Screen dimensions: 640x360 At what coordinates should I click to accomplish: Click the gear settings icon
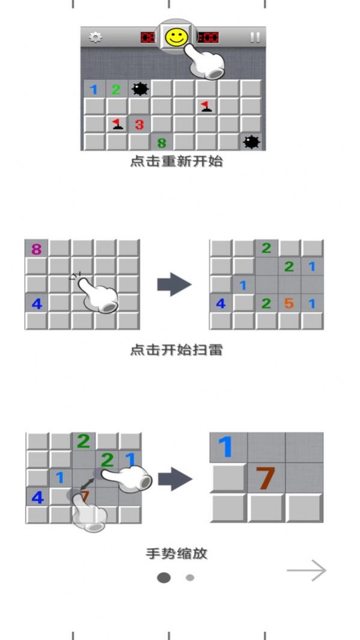pyautogui.click(x=95, y=37)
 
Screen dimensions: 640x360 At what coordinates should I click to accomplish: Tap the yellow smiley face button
pyautogui.click(x=176, y=38)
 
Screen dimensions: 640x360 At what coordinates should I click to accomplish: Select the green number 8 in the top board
pyautogui.click(x=162, y=143)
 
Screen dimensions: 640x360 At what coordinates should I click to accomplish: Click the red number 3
pyautogui.click(x=139, y=125)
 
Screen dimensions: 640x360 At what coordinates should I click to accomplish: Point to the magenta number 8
pyautogui.click(x=37, y=249)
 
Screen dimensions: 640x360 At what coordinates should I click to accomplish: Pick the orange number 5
pyautogui.click(x=289, y=303)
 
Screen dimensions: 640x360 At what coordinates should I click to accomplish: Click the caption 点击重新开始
pyautogui.click(x=176, y=162)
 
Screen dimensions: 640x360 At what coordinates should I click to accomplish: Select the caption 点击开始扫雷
pyautogui.click(x=176, y=350)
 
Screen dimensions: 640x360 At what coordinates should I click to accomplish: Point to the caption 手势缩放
pyautogui.click(x=176, y=553)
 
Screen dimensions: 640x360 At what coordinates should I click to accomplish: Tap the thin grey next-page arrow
pyautogui.click(x=307, y=570)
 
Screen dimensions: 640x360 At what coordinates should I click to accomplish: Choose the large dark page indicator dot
pyautogui.click(x=163, y=578)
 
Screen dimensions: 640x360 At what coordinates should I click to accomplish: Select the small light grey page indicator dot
pyautogui.click(x=190, y=578)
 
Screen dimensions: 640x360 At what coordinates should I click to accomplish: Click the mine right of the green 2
pyautogui.click(x=140, y=90)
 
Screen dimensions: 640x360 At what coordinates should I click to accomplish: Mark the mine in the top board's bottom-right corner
pyautogui.click(x=251, y=142)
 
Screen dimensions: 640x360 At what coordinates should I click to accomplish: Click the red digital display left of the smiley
pyautogui.click(x=147, y=38)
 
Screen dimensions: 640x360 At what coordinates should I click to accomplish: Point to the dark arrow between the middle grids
pyautogui.click(x=174, y=285)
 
